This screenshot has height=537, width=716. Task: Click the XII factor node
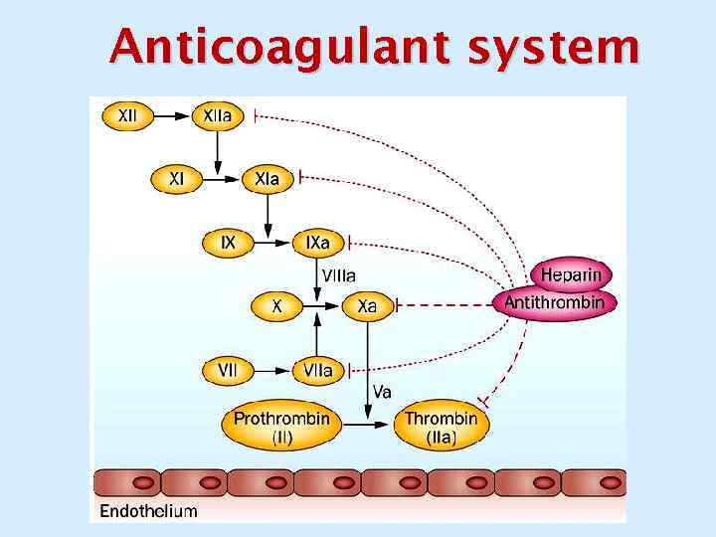[128, 116]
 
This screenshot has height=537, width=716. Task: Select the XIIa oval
[218, 116]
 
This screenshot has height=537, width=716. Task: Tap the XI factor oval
[176, 179]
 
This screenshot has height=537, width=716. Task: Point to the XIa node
[267, 179]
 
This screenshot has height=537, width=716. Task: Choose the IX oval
[228, 242]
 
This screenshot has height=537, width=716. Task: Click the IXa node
[318, 242]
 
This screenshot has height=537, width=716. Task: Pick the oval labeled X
[277, 306]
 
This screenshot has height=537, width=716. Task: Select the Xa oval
[367, 306]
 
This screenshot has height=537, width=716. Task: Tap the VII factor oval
[228, 370]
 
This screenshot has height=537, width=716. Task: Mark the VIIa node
[318, 370]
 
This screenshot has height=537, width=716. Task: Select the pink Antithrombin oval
[555, 302]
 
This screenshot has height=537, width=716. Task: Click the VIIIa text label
[339, 274]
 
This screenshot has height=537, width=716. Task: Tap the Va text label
[382, 392]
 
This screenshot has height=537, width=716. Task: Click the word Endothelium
[148, 511]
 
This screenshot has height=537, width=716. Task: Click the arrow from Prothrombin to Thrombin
[370, 425]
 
